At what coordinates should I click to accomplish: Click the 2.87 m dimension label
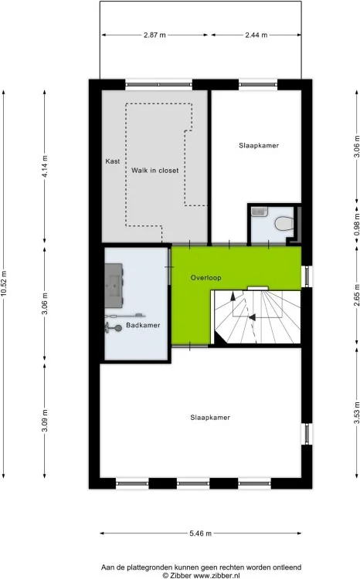coord(155,35)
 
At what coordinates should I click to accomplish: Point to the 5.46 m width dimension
coord(200,533)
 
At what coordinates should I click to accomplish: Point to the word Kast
coord(113,161)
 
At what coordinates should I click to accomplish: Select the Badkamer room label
coord(144,325)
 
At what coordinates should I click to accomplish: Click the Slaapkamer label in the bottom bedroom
coord(211,418)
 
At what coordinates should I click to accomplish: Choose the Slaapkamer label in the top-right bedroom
coord(258,144)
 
